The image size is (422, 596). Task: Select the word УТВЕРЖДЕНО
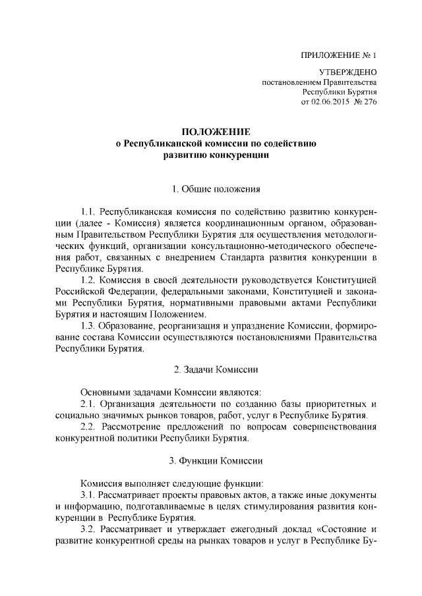pyautogui.click(x=347, y=73)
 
